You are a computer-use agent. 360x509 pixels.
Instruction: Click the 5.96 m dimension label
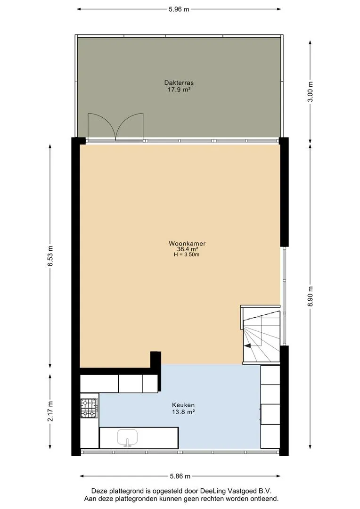(x=179, y=9)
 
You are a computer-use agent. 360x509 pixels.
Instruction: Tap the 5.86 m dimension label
(x=180, y=476)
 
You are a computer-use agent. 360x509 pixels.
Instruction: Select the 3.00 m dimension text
(x=311, y=91)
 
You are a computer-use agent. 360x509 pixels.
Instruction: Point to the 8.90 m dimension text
(x=311, y=296)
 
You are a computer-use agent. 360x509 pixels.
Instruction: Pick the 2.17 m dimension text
(x=50, y=411)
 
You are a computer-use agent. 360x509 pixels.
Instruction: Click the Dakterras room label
(x=179, y=83)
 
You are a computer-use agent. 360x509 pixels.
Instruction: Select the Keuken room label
(x=183, y=405)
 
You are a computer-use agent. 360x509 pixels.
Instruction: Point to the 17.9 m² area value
(x=179, y=89)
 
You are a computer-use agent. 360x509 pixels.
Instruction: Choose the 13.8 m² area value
(x=183, y=412)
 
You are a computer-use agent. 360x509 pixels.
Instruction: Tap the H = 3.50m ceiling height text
(x=187, y=254)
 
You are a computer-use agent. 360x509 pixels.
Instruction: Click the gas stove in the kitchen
(x=89, y=408)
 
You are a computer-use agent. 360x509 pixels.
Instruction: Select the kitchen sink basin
(x=128, y=437)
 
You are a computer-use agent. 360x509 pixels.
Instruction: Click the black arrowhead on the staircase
(x=248, y=346)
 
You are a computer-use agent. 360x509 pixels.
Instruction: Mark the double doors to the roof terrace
(x=115, y=127)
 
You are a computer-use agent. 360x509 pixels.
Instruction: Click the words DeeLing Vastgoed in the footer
(x=229, y=491)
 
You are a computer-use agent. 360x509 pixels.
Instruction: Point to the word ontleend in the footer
(x=263, y=499)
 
